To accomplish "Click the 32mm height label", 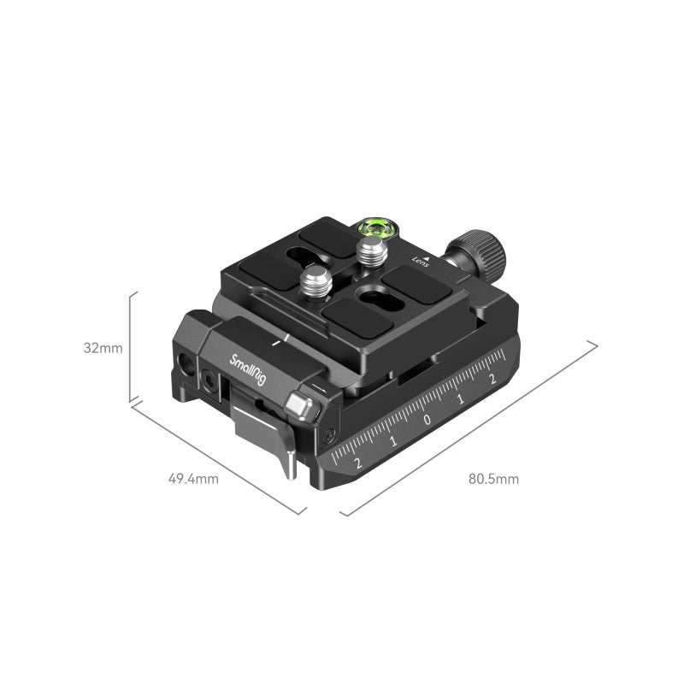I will click(103, 348).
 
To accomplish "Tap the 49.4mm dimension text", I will click(193, 479).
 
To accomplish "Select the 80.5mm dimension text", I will click(493, 479).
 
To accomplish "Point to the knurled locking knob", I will click(479, 254).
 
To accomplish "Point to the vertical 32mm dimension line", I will click(130, 346).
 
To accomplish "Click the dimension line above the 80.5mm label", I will click(470, 427).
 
